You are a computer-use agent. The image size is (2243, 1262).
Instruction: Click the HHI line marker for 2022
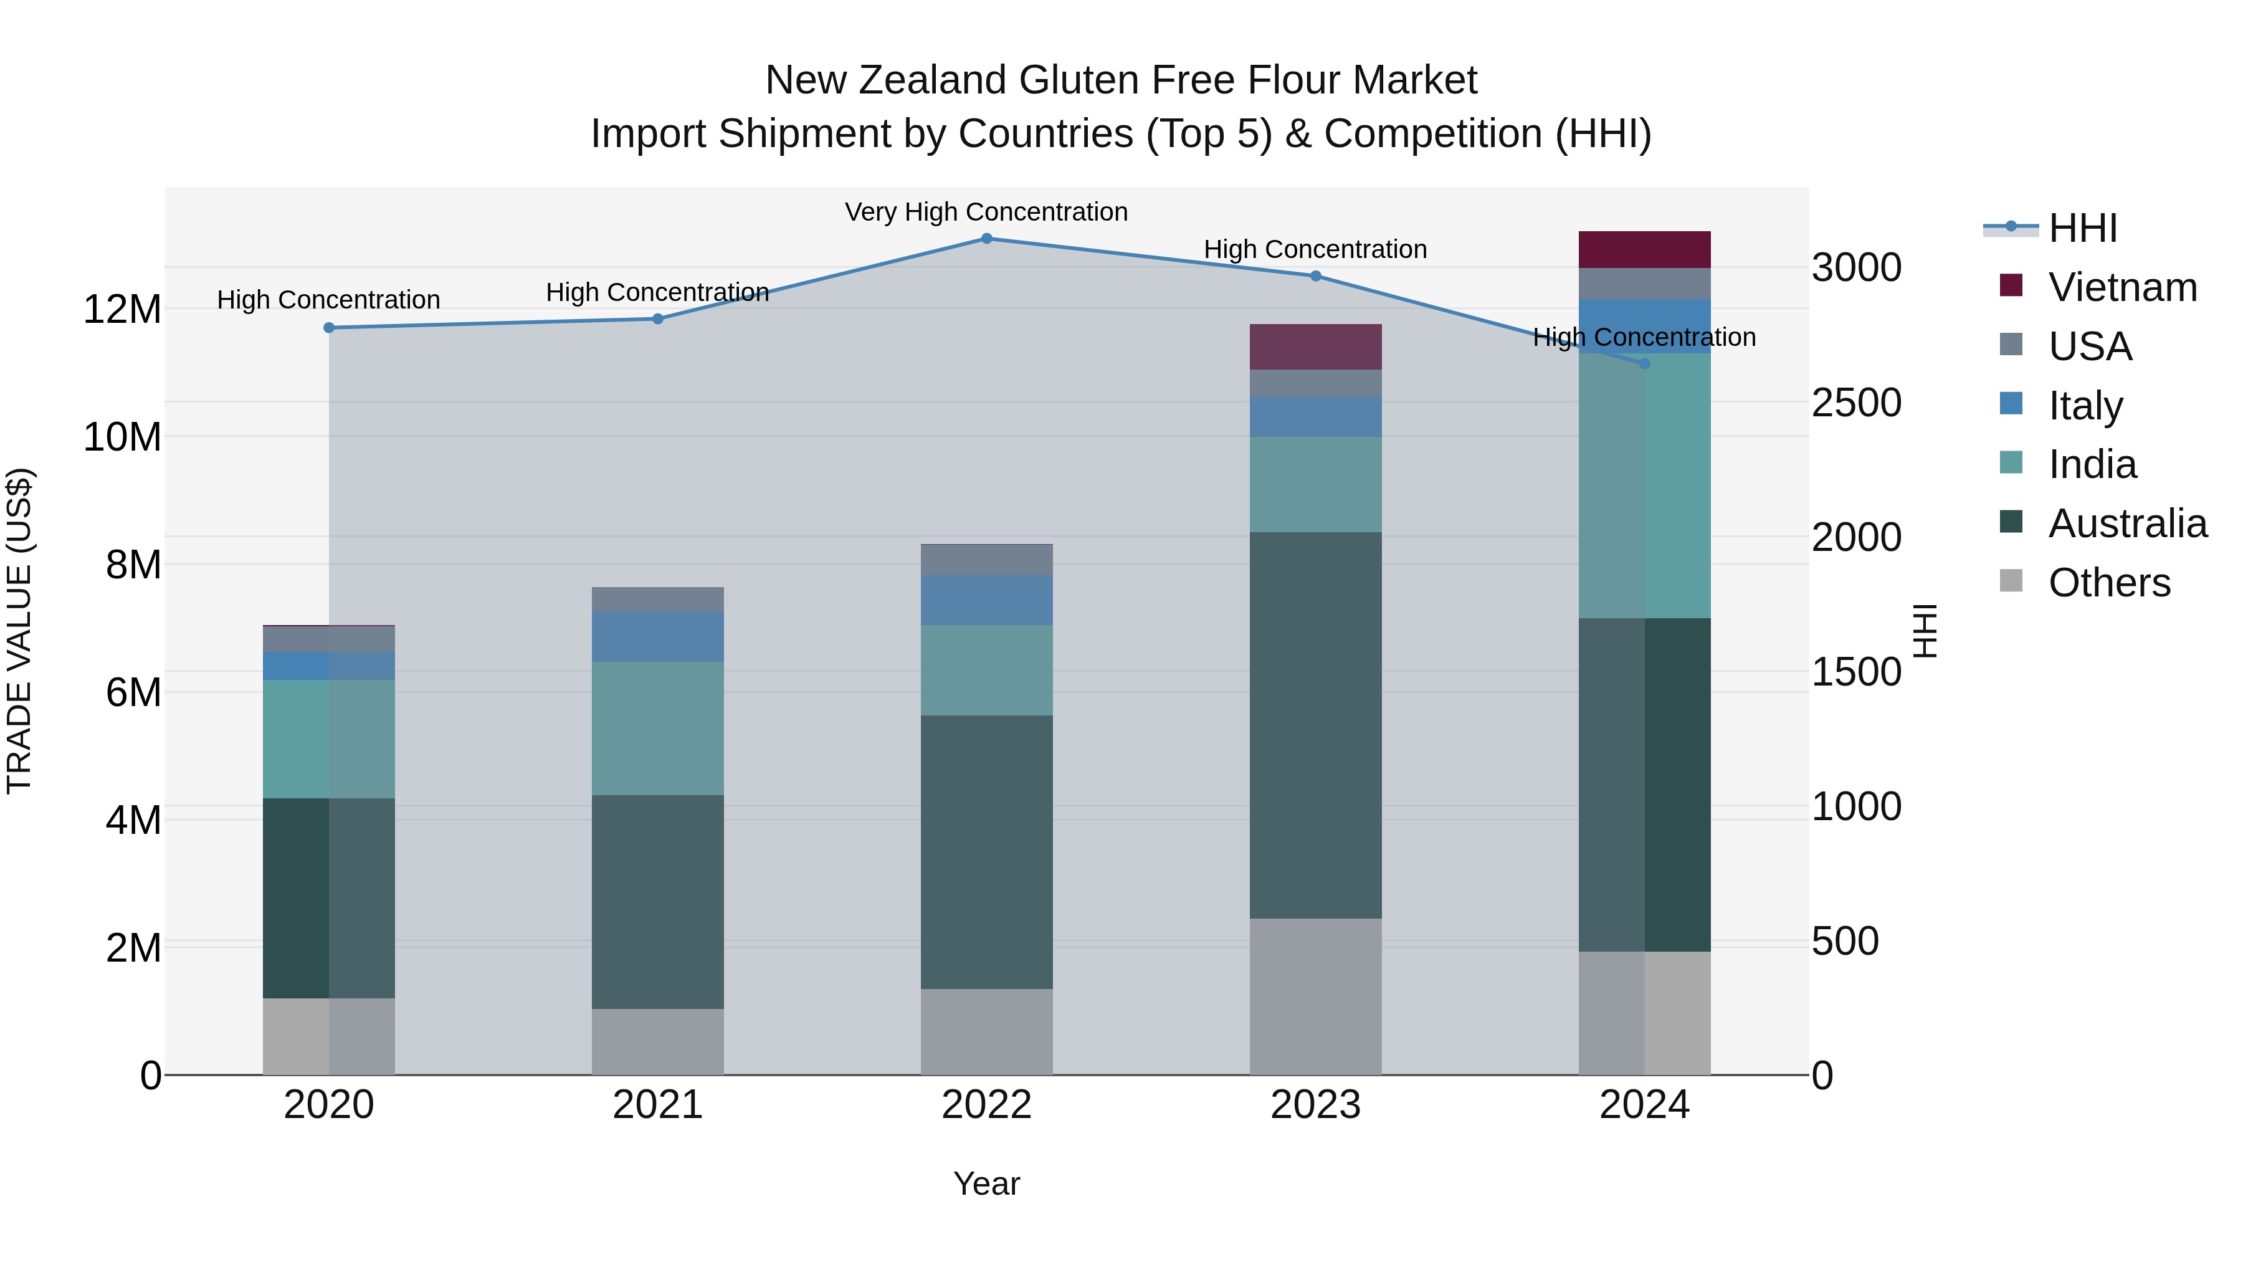(x=986, y=238)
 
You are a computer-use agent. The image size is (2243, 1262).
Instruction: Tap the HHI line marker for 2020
(x=329, y=327)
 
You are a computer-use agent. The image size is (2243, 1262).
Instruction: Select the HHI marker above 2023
(x=1316, y=276)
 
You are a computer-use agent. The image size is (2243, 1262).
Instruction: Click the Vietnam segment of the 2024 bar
(x=1644, y=250)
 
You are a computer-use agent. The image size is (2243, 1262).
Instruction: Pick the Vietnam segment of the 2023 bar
(x=1316, y=347)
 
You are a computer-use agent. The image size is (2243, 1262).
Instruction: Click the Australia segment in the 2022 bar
(x=986, y=852)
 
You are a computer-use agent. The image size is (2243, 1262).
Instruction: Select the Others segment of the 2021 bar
(x=657, y=1041)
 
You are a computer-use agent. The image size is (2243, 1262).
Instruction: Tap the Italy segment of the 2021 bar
(x=657, y=637)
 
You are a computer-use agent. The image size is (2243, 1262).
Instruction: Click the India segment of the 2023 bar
(x=1316, y=484)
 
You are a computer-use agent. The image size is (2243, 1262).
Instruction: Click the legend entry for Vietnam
(x=2123, y=287)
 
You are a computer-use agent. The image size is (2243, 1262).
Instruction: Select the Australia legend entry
(x=2127, y=523)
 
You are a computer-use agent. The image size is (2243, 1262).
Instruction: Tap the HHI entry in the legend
(x=2083, y=228)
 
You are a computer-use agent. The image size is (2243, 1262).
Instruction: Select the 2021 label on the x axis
(x=657, y=1105)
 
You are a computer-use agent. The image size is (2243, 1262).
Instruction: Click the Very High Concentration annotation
(x=986, y=212)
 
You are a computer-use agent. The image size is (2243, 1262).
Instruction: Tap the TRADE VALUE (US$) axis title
(x=20, y=631)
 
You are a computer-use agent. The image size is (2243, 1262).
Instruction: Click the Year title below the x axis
(x=986, y=1183)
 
